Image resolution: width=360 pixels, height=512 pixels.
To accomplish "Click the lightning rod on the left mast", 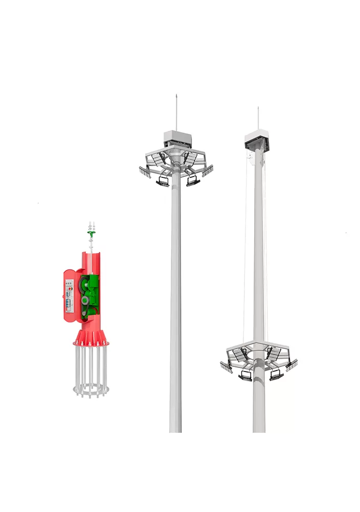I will point(176,112).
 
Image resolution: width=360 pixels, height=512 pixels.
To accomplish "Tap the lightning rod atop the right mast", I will point(258,118).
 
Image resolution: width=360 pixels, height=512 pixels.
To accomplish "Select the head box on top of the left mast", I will point(176,137).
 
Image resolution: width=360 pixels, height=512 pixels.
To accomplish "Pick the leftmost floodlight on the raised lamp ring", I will point(145,172).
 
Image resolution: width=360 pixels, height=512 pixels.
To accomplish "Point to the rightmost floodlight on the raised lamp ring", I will point(208,171).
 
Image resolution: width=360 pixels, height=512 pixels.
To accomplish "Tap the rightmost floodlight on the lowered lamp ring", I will point(291,365).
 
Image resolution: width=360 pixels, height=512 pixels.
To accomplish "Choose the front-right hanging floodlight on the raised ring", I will point(193,180).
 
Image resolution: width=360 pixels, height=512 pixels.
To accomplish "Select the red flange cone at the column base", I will point(90,337).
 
